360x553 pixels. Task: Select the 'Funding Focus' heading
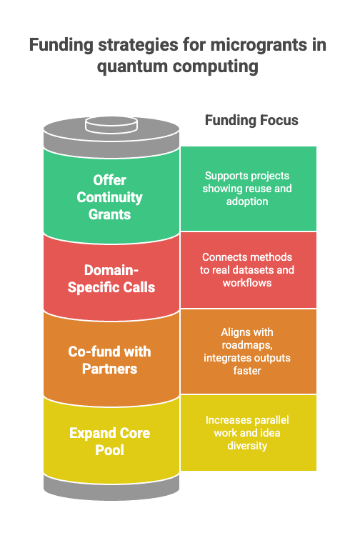point(251,120)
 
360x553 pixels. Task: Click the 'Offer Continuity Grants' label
point(109,197)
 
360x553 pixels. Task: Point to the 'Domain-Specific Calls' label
point(109,279)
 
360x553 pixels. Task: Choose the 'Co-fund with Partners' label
point(109,360)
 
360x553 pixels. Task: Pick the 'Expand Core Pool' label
point(109,442)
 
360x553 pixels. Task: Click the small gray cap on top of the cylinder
point(110,125)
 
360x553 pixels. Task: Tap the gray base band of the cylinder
point(110,487)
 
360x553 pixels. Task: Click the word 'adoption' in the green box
point(248,201)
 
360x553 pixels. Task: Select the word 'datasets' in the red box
point(271,270)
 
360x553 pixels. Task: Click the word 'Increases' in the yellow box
point(225,419)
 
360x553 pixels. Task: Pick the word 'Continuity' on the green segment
point(109,197)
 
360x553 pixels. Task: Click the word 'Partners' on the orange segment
point(109,369)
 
